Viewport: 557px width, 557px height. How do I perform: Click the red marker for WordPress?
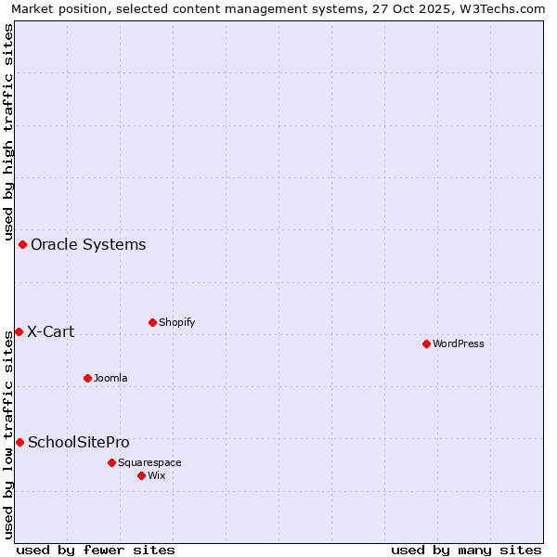click(x=426, y=343)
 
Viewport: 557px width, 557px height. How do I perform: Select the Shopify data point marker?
click(x=152, y=322)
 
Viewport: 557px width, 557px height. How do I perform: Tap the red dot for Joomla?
click(x=87, y=378)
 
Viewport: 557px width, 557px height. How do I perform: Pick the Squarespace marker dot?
click(x=111, y=462)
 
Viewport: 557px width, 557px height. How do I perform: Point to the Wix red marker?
click(x=141, y=475)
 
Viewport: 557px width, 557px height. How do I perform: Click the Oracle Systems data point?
click(x=22, y=244)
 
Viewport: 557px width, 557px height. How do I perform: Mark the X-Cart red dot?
click(x=19, y=331)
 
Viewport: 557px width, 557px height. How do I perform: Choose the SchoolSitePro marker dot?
click(x=19, y=442)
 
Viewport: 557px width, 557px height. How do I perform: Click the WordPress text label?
click(x=459, y=343)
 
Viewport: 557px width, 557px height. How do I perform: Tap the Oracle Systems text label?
click(x=88, y=244)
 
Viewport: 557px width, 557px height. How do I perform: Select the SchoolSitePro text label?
click(x=79, y=442)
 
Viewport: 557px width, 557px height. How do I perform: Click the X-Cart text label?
click(x=50, y=331)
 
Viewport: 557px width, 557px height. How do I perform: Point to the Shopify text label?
click(x=176, y=322)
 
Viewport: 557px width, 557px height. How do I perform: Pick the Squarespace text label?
click(x=149, y=462)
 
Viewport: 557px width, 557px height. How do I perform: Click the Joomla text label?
click(x=110, y=378)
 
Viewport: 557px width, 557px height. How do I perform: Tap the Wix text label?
click(x=156, y=475)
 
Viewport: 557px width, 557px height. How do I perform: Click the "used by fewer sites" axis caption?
click(x=96, y=550)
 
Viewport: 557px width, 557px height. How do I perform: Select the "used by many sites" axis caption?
click(x=466, y=550)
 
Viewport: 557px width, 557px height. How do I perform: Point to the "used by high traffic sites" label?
click(x=9, y=130)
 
